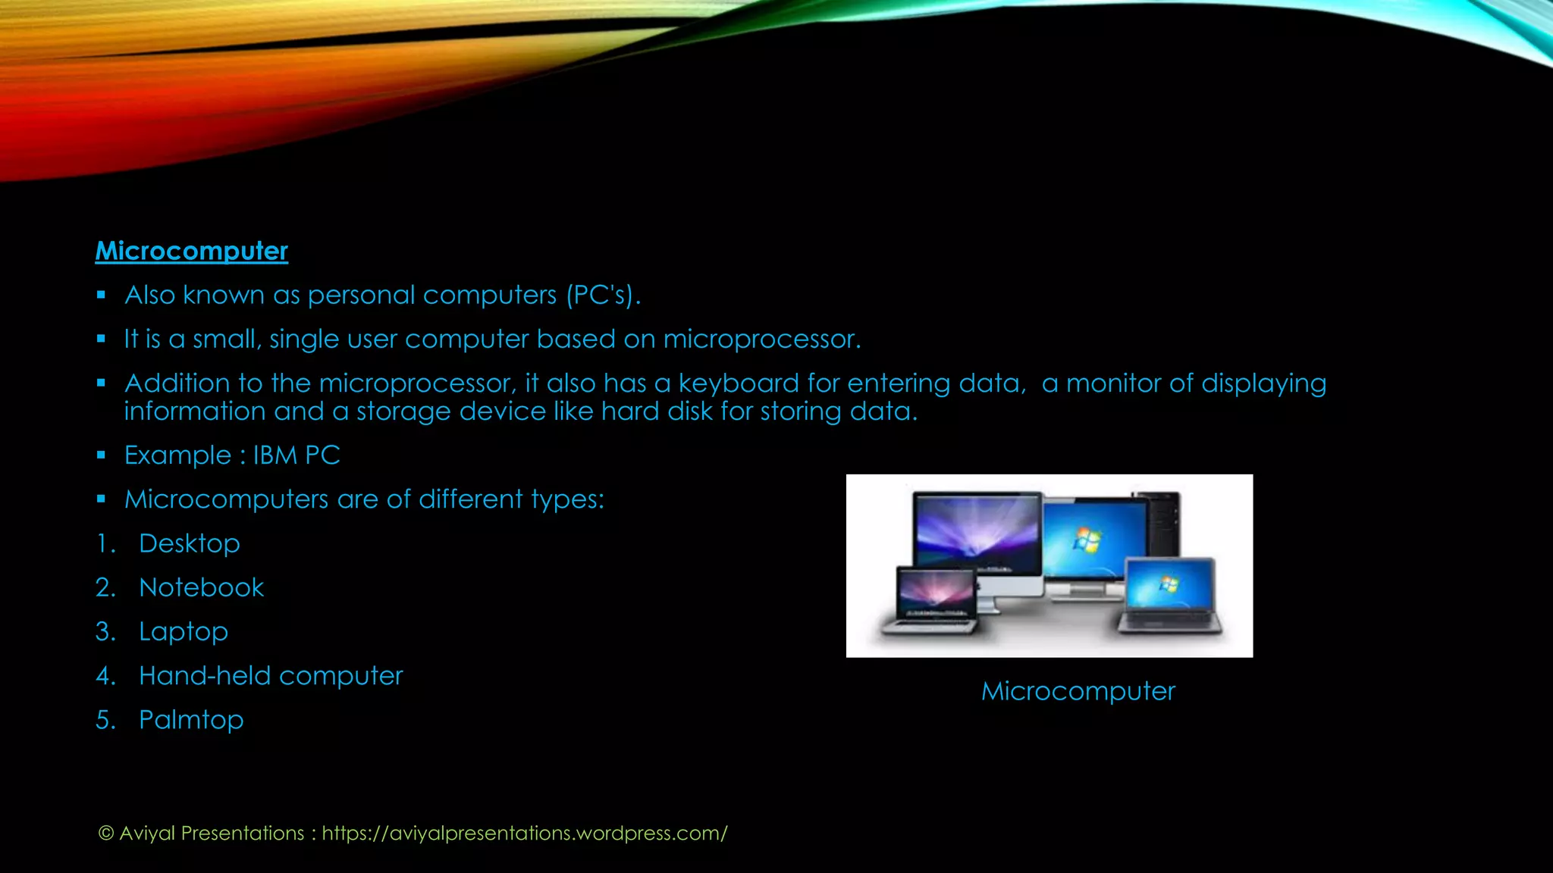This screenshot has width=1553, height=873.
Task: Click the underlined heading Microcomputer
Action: pos(191,251)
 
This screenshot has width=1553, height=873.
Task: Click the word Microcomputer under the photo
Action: pos(1078,691)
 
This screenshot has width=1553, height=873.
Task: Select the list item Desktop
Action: pos(189,543)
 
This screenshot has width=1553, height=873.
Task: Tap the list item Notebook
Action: pos(201,587)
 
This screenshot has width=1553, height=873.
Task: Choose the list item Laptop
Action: pos(183,632)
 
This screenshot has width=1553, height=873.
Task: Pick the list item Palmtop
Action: pos(191,720)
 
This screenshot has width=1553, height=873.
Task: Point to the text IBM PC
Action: pos(296,455)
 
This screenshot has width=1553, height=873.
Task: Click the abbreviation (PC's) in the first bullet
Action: pos(603,296)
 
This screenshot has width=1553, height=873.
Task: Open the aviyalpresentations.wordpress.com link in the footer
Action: pos(524,834)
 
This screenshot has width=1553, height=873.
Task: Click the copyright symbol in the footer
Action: pos(106,834)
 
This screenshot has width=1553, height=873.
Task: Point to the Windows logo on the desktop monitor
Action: pos(1087,540)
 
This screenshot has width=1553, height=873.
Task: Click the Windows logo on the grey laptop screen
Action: pos(1169,584)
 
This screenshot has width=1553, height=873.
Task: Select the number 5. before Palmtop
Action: pos(105,720)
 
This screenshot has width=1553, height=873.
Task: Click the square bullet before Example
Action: pos(101,455)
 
